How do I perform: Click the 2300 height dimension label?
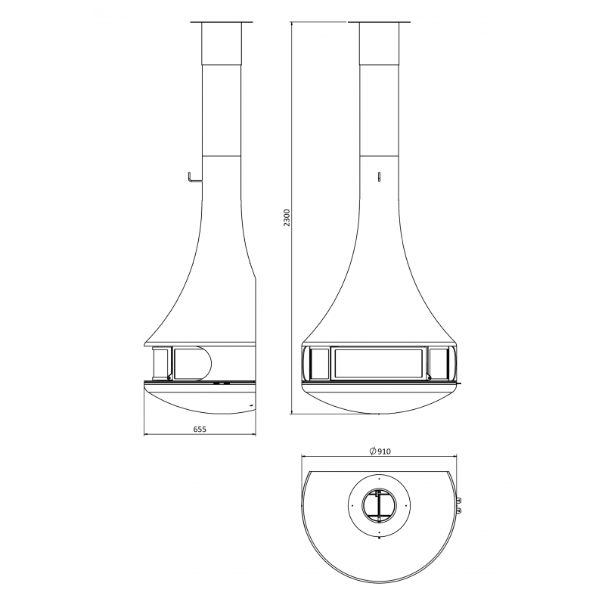(287, 218)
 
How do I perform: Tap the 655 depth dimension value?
(200, 429)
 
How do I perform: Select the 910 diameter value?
(384, 451)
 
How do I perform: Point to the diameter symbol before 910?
(373, 451)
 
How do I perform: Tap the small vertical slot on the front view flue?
(380, 177)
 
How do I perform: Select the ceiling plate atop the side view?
(222, 22)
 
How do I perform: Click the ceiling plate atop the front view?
(380, 22)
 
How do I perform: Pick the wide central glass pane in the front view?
(380, 363)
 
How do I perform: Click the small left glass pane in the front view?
(319, 363)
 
